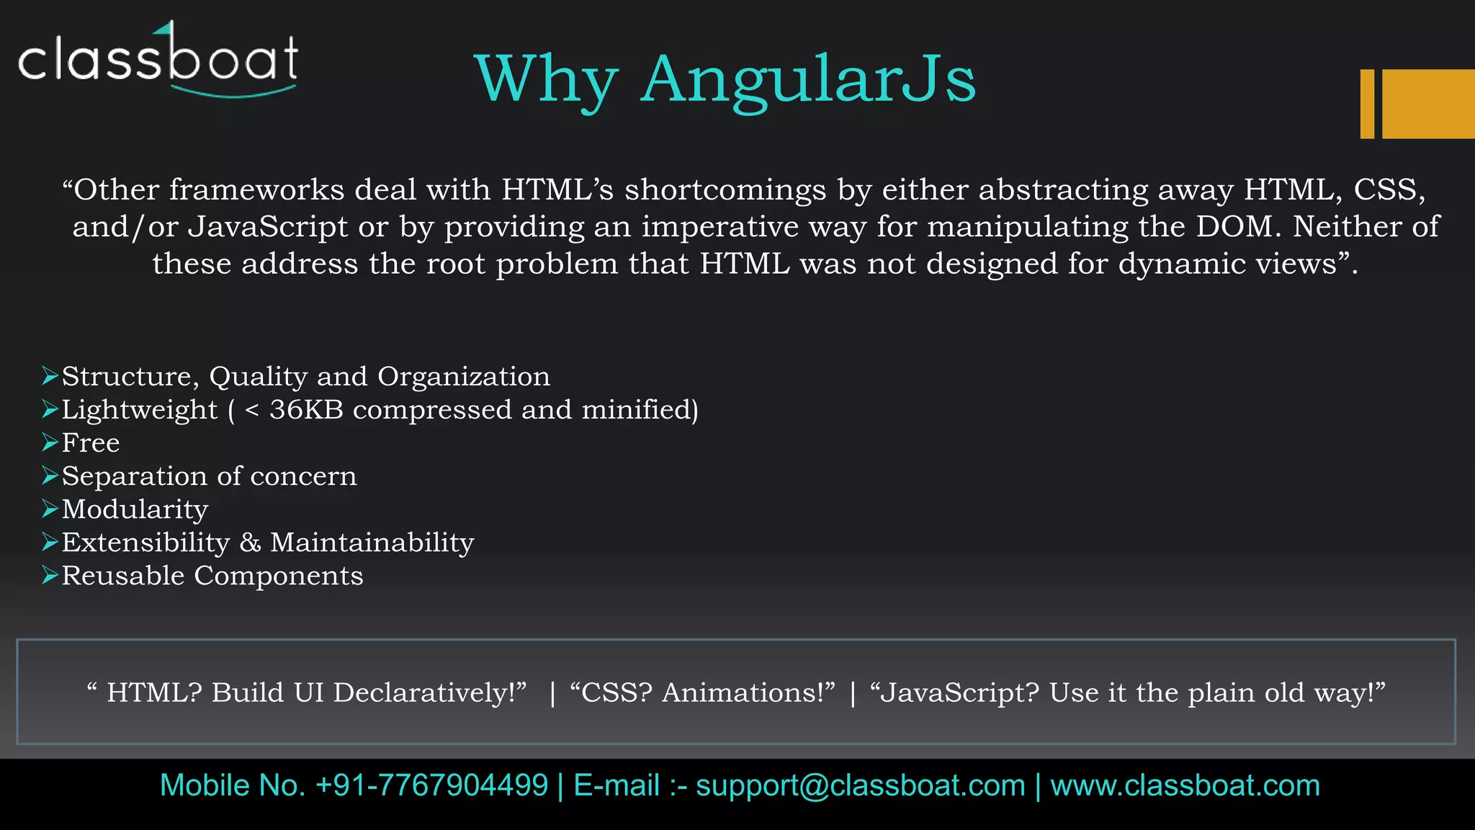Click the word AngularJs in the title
click(x=808, y=79)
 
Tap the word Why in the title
click(x=546, y=79)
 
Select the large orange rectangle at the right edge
click(x=1428, y=104)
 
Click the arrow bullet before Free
click(x=50, y=442)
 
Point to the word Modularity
click(x=135, y=509)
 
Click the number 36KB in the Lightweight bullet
click(x=306, y=409)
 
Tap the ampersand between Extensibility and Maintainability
click(x=250, y=543)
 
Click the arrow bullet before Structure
click(x=50, y=376)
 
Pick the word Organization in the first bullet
click(x=464, y=376)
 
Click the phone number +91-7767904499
click(x=432, y=785)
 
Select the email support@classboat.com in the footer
click(x=861, y=785)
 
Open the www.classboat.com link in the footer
click(x=1185, y=785)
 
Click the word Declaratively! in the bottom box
click(x=429, y=692)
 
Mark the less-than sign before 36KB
click(x=251, y=410)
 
